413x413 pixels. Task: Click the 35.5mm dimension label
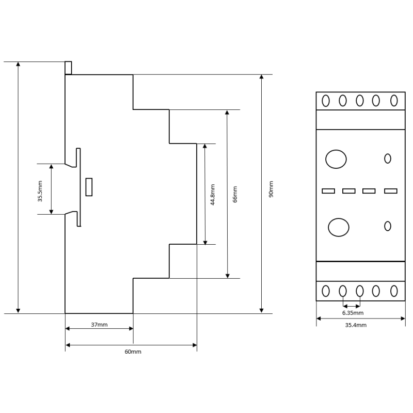40,191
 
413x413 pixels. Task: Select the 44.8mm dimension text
213,195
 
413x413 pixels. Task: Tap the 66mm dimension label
235,195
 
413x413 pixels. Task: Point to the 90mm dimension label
272,189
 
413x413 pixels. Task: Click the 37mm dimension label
99,325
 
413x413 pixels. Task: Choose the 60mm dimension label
133,352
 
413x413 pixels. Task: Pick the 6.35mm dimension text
353,313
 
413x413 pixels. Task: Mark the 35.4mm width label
356,325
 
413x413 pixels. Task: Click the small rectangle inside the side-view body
89,187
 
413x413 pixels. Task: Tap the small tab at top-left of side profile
68,68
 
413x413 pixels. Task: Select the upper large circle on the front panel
336,159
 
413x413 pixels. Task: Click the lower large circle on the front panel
339,227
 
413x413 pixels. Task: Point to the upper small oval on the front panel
388,158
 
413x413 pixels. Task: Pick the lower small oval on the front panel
388,226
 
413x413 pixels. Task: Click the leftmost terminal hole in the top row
326,101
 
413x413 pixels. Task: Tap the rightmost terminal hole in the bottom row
394,291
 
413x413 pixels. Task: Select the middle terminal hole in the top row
360,101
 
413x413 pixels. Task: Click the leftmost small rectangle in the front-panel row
328,191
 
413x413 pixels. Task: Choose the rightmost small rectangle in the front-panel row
391,191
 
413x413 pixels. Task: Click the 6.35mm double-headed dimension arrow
352,306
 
